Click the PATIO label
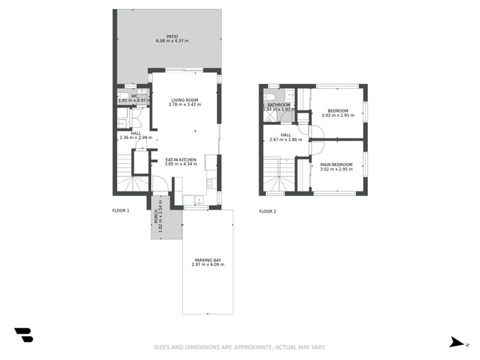(x=172, y=37)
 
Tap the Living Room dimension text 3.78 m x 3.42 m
(x=185, y=104)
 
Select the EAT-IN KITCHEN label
(x=181, y=160)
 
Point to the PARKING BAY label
(x=208, y=260)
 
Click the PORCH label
(x=156, y=216)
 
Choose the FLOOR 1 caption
(x=121, y=211)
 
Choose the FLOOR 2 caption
(x=268, y=211)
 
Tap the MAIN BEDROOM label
(x=336, y=164)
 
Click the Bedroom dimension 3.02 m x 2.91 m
(x=338, y=115)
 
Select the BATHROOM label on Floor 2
(x=279, y=104)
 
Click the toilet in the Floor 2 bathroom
(x=269, y=97)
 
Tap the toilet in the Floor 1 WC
(x=124, y=95)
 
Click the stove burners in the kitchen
(x=209, y=184)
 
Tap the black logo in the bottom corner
(x=24, y=335)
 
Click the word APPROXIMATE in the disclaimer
(x=253, y=347)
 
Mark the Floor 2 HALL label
(x=286, y=135)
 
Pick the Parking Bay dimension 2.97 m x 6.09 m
(x=208, y=265)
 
